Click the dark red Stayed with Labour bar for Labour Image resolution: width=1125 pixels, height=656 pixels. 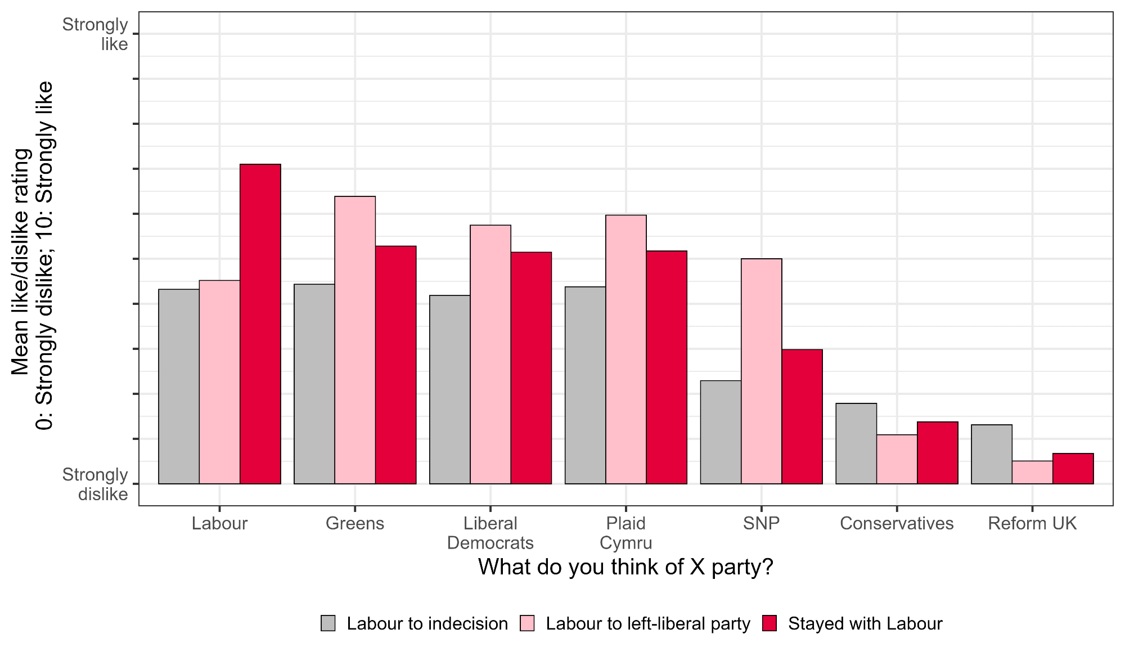tap(260, 323)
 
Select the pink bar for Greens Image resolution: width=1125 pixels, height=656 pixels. tap(355, 340)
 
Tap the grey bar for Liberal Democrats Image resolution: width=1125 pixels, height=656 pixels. tap(449, 389)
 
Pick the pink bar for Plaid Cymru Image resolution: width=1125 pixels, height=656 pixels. tap(626, 349)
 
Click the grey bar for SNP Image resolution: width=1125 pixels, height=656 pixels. tap(721, 432)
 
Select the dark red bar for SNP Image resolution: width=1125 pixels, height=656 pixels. tap(802, 416)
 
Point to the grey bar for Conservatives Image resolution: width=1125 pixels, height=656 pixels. tap(856, 443)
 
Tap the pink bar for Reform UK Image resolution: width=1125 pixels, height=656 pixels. tap(1032, 473)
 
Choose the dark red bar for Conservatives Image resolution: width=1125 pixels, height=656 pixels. tap(938, 453)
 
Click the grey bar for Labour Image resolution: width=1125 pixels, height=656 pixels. tap(179, 387)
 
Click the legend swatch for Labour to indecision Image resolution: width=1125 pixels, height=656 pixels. tap(328, 623)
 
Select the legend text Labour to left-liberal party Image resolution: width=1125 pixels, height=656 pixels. tap(648, 624)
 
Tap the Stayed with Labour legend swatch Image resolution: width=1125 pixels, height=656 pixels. tap(769, 623)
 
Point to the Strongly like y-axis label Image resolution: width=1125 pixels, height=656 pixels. tap(96, 34)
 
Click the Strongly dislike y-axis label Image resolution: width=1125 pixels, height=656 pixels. tap(96, 484)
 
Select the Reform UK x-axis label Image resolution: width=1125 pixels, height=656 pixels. tap(1032, 523)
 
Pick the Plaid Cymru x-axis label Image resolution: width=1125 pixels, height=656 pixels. tap(626, 533)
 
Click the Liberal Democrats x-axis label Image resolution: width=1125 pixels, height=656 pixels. tap(490, 533)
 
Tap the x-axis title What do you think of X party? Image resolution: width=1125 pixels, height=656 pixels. tap(625, 567)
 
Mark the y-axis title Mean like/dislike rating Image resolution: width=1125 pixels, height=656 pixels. tap(21, 262)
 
